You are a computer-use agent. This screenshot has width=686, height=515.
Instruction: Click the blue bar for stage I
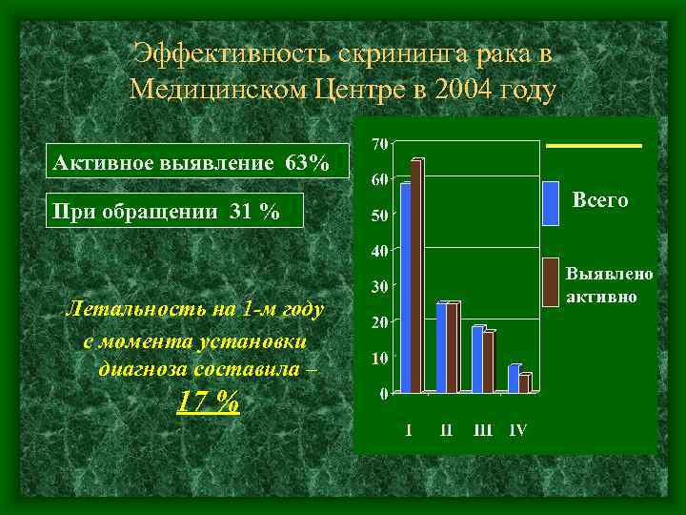click(405, 286)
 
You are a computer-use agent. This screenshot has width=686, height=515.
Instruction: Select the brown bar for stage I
click(416, 277)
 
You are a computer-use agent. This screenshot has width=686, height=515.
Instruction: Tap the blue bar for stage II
click(441, 348)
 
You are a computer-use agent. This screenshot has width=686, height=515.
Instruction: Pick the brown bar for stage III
click(488, 362)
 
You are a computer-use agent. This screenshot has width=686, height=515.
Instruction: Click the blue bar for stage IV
click(514, 379)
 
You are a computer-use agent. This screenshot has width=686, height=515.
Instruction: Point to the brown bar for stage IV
click(524, 382)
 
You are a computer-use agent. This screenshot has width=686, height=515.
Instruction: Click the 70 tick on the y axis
click(378, 144)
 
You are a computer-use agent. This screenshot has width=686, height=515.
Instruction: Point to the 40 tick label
click(378, 251)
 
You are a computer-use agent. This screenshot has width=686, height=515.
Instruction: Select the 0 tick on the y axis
click(383, 392)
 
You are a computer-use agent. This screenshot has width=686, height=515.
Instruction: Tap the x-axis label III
click(484, 430)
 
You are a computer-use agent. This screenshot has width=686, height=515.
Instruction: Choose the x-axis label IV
click(517, 430)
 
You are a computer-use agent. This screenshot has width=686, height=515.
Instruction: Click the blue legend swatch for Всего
click(551, 202)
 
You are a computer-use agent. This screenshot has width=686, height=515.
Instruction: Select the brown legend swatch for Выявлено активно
click(551, 281)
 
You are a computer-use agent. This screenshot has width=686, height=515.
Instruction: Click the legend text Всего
click(600, 200)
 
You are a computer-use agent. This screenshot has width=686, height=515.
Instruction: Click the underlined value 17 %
click(208, 402)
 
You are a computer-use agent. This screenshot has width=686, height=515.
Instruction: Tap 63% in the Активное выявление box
click(307, 164)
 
